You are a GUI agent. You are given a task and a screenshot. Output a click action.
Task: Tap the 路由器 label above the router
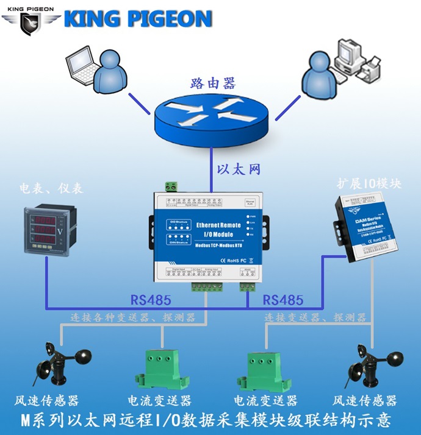[211, 83]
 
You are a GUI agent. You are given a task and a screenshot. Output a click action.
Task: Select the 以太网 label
[239, 169]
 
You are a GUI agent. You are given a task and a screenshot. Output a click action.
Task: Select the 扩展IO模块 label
[369, 183]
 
